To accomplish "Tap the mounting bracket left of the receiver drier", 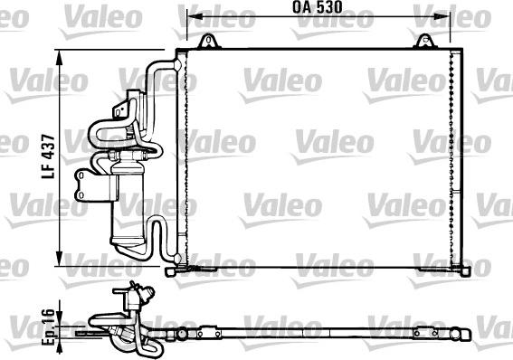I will (x=85, y=186).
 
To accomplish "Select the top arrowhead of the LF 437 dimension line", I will (x=62, y=53).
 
